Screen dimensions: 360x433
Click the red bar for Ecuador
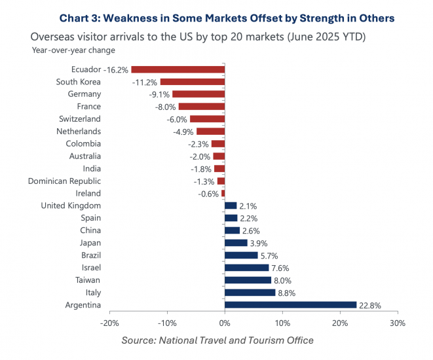tap(178, 69)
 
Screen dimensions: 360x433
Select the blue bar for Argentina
tap(290, 305)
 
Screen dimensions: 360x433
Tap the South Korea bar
tap(192, 82)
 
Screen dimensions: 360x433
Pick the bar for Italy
tap(250, 293)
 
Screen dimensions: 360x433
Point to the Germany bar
tap(198, 94)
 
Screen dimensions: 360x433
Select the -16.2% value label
tap(116, 69)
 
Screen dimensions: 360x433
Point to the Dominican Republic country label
tap(64, 181)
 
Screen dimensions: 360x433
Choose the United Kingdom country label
tap(70, 206)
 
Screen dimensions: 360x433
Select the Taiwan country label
tap(87, 280)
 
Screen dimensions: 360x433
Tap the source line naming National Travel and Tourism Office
tap(217, 340)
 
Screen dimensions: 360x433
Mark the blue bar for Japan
tap(236, 243)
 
